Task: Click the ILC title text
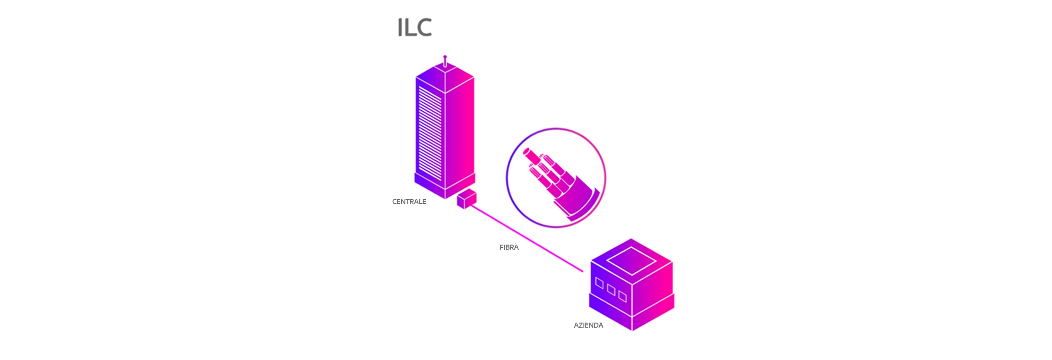(x=414, y=28)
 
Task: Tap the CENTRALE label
(x=409, y=202)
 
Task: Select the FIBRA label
(x=509, y=247)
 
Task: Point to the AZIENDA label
(x=588, y=325)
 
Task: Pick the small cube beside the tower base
(x=466, y=199)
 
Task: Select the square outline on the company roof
(x=631, y=261)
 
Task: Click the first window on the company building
(x=599, y=283)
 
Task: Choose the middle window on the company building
(x=611, y=290)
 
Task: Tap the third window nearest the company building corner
(x=622, y=296)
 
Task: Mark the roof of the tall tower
(x=445, y=74)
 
